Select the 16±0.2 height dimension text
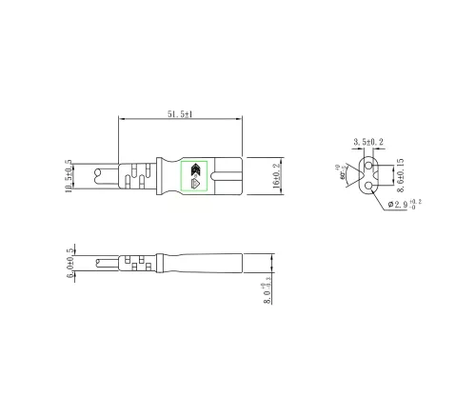[x=277, y=175]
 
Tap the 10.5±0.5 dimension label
[x=68, y=175]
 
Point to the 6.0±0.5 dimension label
[x=70, y=263]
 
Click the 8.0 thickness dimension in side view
[x=269, y=289]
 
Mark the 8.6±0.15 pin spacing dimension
[x=402, y=172]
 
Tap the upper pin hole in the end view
[x=368, y=165]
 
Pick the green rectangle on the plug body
[x=197, y=176]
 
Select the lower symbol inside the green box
[x=197, y=184]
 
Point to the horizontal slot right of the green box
[x=228, y=176]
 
